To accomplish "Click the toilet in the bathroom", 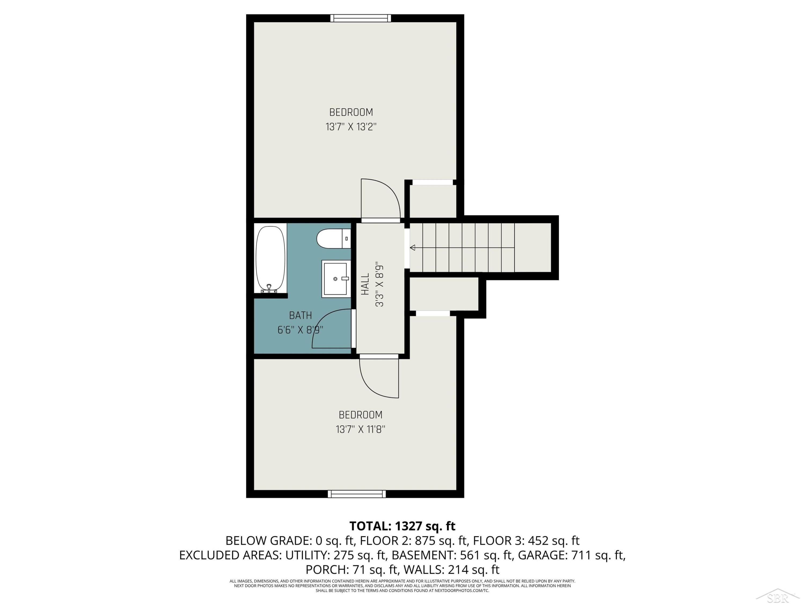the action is [333, 239].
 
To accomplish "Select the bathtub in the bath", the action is [270, 259].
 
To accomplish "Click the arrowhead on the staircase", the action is [412, 248].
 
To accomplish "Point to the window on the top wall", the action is [361, 18].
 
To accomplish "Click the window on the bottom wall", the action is [357, 494].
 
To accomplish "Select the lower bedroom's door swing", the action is [379, 379].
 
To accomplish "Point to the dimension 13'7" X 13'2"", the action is [351, 127].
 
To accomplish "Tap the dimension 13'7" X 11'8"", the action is [360, 429].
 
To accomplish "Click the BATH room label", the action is [301, 315].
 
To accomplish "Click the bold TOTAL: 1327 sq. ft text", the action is [402, 526].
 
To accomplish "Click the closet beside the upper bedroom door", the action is [433, 201].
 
